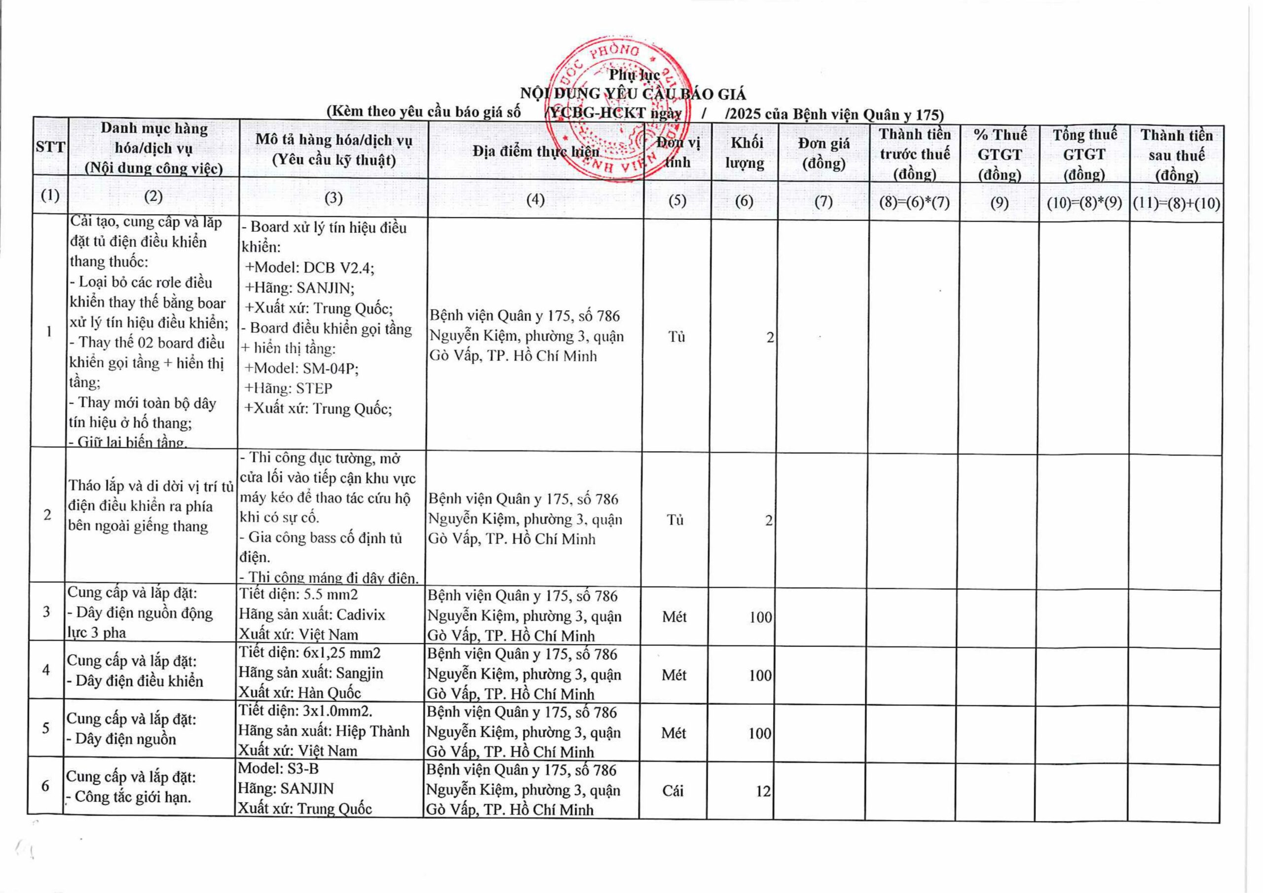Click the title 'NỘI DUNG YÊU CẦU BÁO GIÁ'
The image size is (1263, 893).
[632, 94]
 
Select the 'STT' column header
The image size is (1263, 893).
[50, 147]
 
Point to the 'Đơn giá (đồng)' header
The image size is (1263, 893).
[823, 153]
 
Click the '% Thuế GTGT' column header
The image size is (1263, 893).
[999, 154]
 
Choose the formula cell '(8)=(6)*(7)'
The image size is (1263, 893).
[914, 202]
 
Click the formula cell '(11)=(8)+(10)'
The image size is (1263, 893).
[1176, 204]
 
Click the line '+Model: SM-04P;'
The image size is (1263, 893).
[302, 368]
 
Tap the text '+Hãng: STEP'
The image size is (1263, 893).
[288, 388]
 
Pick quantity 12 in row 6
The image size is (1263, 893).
[763, 791]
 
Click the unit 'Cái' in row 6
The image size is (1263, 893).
[673, 791]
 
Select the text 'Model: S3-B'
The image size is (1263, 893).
[278, 768]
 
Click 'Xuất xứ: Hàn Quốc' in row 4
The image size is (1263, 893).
[300, 692]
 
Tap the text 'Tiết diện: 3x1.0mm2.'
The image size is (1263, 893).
[305, 711]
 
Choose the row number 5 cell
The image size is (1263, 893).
[46, 728]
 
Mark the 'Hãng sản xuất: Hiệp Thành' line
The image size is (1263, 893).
[324, 731]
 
